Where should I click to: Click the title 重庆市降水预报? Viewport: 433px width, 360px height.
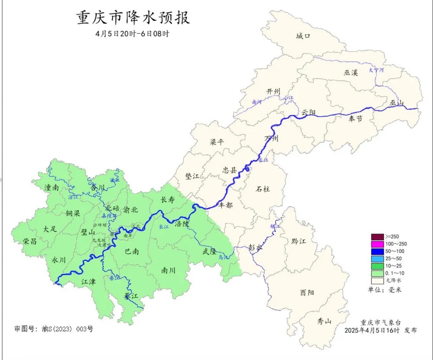133,19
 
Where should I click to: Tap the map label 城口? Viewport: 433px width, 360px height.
303,36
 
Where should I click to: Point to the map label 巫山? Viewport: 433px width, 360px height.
396,103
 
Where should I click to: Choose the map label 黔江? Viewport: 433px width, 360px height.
298,241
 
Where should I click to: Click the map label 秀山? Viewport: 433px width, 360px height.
324,321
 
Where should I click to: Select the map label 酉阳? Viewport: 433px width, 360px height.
307,293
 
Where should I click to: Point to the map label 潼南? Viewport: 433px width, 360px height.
52,188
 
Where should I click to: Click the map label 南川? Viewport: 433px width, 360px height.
168,270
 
